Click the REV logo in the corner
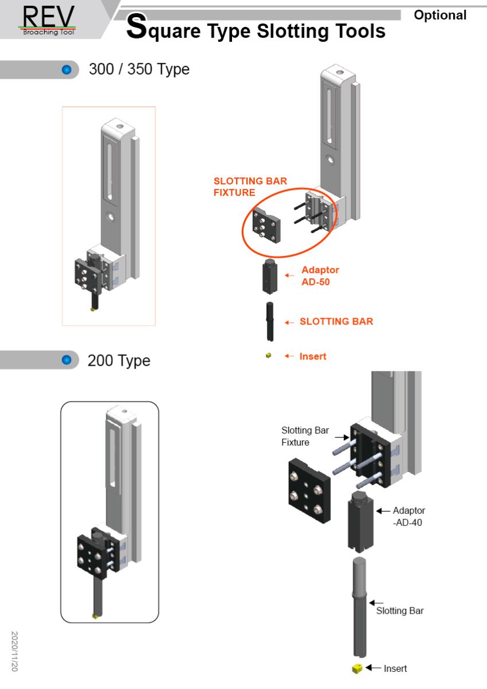49,20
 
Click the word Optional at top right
440,16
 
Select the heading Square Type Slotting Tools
256,29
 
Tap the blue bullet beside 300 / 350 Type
66,70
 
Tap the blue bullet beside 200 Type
66,361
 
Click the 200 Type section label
119,361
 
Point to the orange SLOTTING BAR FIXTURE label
250,187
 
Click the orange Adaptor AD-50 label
320,276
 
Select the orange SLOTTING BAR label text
336,322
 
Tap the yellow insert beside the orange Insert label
268,356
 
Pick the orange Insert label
312,357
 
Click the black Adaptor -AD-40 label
409,516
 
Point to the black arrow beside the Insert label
373,668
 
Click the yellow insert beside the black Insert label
357,668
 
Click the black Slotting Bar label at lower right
400,610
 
